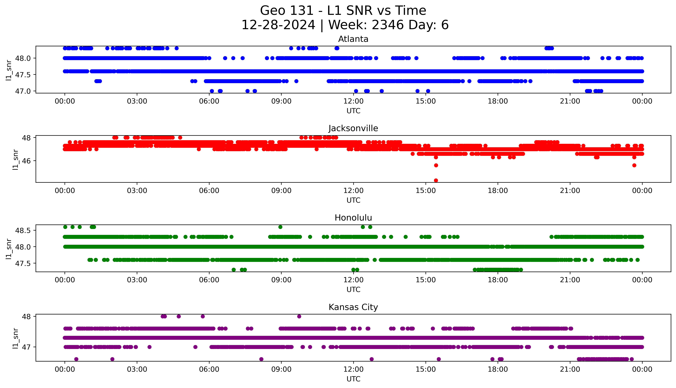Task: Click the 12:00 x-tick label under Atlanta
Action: point(353,101)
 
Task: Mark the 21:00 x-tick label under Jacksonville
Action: point(570,190)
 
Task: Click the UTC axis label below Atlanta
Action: point(353,111)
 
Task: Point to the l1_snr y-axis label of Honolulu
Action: point(9,249)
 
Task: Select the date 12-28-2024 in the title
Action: point(278,25)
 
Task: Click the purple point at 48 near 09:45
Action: point(299,316)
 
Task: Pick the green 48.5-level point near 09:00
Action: point(280,227)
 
